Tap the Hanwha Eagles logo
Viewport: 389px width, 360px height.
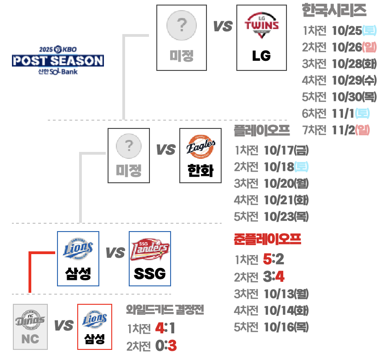200,148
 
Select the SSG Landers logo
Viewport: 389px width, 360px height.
149,250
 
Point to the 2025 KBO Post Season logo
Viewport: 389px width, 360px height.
57,61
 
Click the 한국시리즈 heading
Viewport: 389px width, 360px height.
334,11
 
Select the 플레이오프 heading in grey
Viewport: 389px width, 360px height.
262,130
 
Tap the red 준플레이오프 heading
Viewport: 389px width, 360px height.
267,239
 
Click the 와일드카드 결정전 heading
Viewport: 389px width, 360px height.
165,309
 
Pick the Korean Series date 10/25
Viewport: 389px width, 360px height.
346,31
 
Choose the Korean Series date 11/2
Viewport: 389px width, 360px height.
343,130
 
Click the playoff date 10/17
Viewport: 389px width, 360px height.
279,150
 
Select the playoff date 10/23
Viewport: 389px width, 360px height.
279,216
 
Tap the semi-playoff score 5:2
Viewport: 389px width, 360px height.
274,260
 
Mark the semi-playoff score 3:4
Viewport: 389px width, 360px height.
274,277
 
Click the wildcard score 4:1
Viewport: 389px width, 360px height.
165,328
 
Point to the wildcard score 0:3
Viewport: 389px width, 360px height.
166,345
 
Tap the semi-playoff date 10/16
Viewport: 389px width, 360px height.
279,327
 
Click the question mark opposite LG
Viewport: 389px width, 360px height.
181,26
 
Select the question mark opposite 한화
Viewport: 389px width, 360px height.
129,147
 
